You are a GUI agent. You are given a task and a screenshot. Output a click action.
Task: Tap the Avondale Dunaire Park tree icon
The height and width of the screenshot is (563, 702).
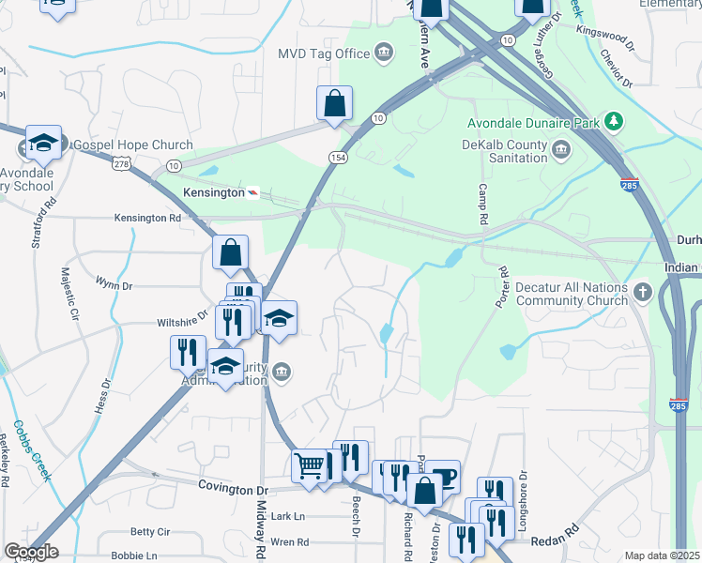(x=614, y=120)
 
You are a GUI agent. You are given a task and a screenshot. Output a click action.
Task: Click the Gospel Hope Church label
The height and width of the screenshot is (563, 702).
(x=132, y=145)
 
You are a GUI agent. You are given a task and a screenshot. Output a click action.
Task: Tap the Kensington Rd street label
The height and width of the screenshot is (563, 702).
(x=147, y=218)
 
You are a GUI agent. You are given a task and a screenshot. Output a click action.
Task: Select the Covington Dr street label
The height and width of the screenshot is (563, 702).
(x=233, y=489)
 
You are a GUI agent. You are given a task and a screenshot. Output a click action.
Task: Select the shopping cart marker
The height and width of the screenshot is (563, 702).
(x=310, y=464)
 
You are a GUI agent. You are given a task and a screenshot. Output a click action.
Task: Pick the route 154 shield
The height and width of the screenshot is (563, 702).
(x=337, y=157)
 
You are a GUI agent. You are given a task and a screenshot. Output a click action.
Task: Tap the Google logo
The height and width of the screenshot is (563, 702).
(x=31, y=552)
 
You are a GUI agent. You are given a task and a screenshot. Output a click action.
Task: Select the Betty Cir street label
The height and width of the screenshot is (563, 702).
(x=150, y=532)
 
